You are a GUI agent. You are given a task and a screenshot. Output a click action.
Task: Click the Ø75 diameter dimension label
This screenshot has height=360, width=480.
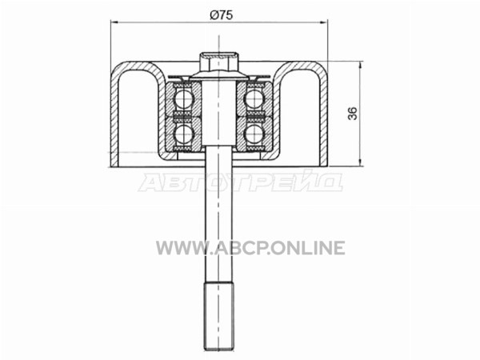point(222,14)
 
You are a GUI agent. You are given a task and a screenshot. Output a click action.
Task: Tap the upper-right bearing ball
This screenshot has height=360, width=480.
point(254,98)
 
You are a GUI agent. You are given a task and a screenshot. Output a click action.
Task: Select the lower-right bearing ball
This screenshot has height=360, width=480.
point(254,133)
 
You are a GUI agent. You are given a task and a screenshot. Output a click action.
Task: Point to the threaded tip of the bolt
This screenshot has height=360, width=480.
point(219,316)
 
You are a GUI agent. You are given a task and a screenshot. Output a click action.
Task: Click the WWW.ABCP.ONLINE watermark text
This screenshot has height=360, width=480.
point(250,248)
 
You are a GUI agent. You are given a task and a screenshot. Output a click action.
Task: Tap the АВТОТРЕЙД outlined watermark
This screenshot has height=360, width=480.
point(240,182)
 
